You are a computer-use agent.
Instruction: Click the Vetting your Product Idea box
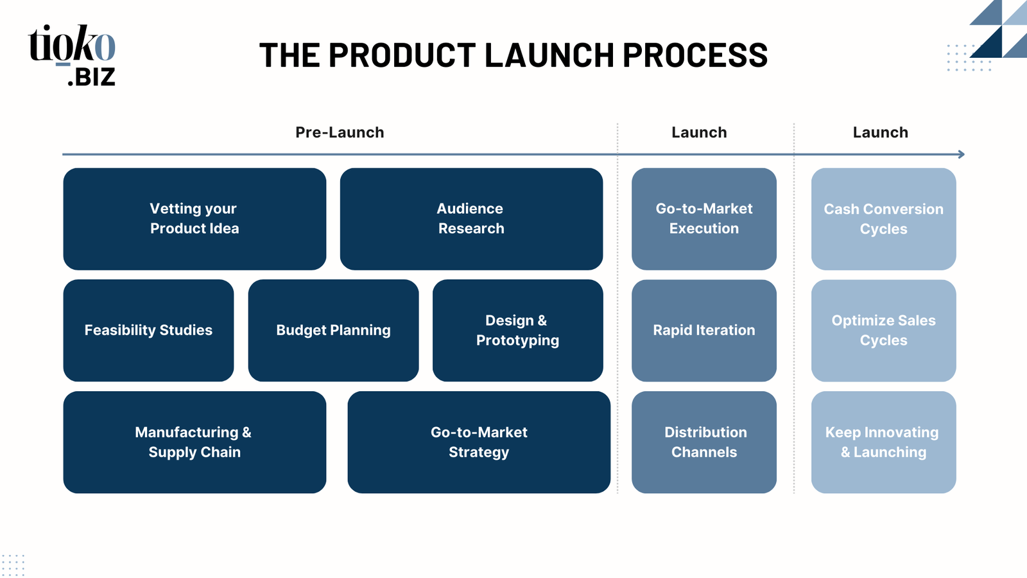195,219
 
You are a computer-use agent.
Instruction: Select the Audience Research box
471,219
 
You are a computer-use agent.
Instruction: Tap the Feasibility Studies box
148,330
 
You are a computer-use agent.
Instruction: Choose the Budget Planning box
333,330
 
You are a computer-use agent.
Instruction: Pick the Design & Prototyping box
517,330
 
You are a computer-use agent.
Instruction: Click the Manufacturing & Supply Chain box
195,442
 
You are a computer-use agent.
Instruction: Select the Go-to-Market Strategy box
479,442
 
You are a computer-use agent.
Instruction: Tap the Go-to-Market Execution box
704,219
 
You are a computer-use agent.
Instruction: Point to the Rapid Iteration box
704,330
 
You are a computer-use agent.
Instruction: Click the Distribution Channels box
704,442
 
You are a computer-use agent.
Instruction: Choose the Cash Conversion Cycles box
883,219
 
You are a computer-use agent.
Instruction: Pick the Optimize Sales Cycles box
883,330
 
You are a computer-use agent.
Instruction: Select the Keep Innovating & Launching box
883,442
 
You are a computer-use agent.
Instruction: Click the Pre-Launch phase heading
340,132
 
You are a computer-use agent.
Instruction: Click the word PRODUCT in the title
402,55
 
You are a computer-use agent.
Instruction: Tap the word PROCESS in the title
695,55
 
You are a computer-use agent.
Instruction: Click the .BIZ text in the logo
92,77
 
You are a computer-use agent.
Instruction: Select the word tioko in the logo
71,44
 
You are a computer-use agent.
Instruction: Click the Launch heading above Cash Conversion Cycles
880,132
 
